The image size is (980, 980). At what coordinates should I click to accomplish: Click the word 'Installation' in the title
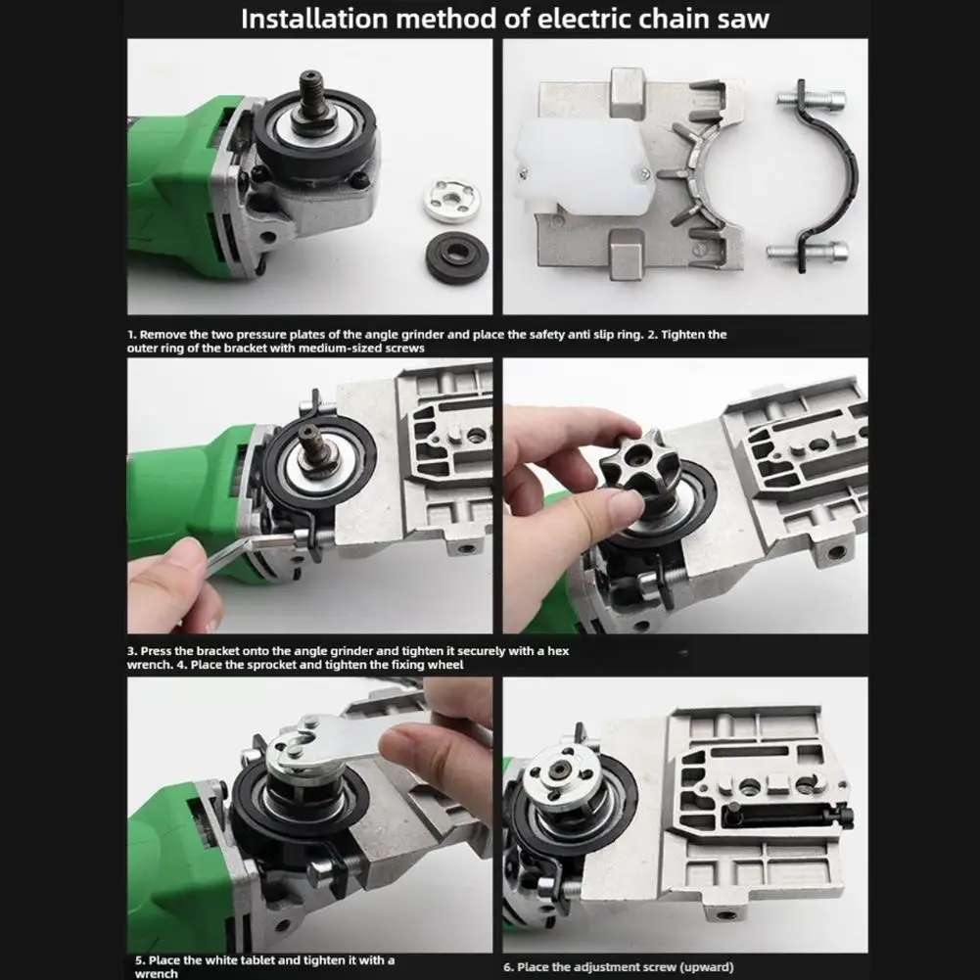(314, 19)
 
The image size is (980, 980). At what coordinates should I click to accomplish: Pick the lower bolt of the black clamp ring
(807, 252)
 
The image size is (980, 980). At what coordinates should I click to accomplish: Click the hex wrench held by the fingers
(247, 551)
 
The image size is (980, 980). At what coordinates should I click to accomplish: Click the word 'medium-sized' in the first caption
(337, 349)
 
